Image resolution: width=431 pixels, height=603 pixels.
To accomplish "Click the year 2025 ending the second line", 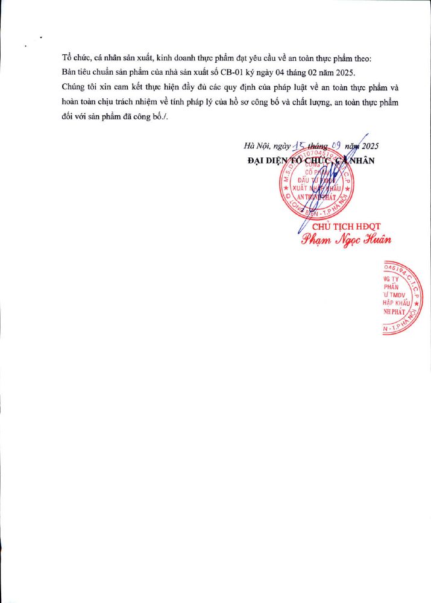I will coord(344,72).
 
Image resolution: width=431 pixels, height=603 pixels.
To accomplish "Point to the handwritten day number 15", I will coord(299,145).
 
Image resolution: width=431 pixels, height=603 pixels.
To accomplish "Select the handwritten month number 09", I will coord(338,145).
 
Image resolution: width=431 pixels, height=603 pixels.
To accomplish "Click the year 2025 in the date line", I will coord(368,146).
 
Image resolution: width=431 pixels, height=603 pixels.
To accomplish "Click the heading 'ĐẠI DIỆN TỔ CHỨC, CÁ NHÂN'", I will coord(311,160).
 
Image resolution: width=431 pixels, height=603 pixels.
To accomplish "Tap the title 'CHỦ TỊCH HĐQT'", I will coord(345,226).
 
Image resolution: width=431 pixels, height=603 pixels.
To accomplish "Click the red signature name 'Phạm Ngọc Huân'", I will coord(346,239).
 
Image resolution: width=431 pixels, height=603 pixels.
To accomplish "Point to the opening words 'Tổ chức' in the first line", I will coord(75,58).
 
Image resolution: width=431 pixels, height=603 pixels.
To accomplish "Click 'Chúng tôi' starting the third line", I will coord(80,87).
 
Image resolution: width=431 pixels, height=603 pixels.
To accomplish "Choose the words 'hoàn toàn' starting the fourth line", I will coord(81,103).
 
